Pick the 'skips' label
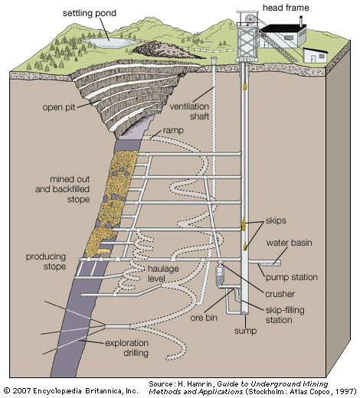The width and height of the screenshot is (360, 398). (x=277, y=220)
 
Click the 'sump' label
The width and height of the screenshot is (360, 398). (x=246, y=333)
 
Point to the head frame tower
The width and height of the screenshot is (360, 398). (x=246, y=38)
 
